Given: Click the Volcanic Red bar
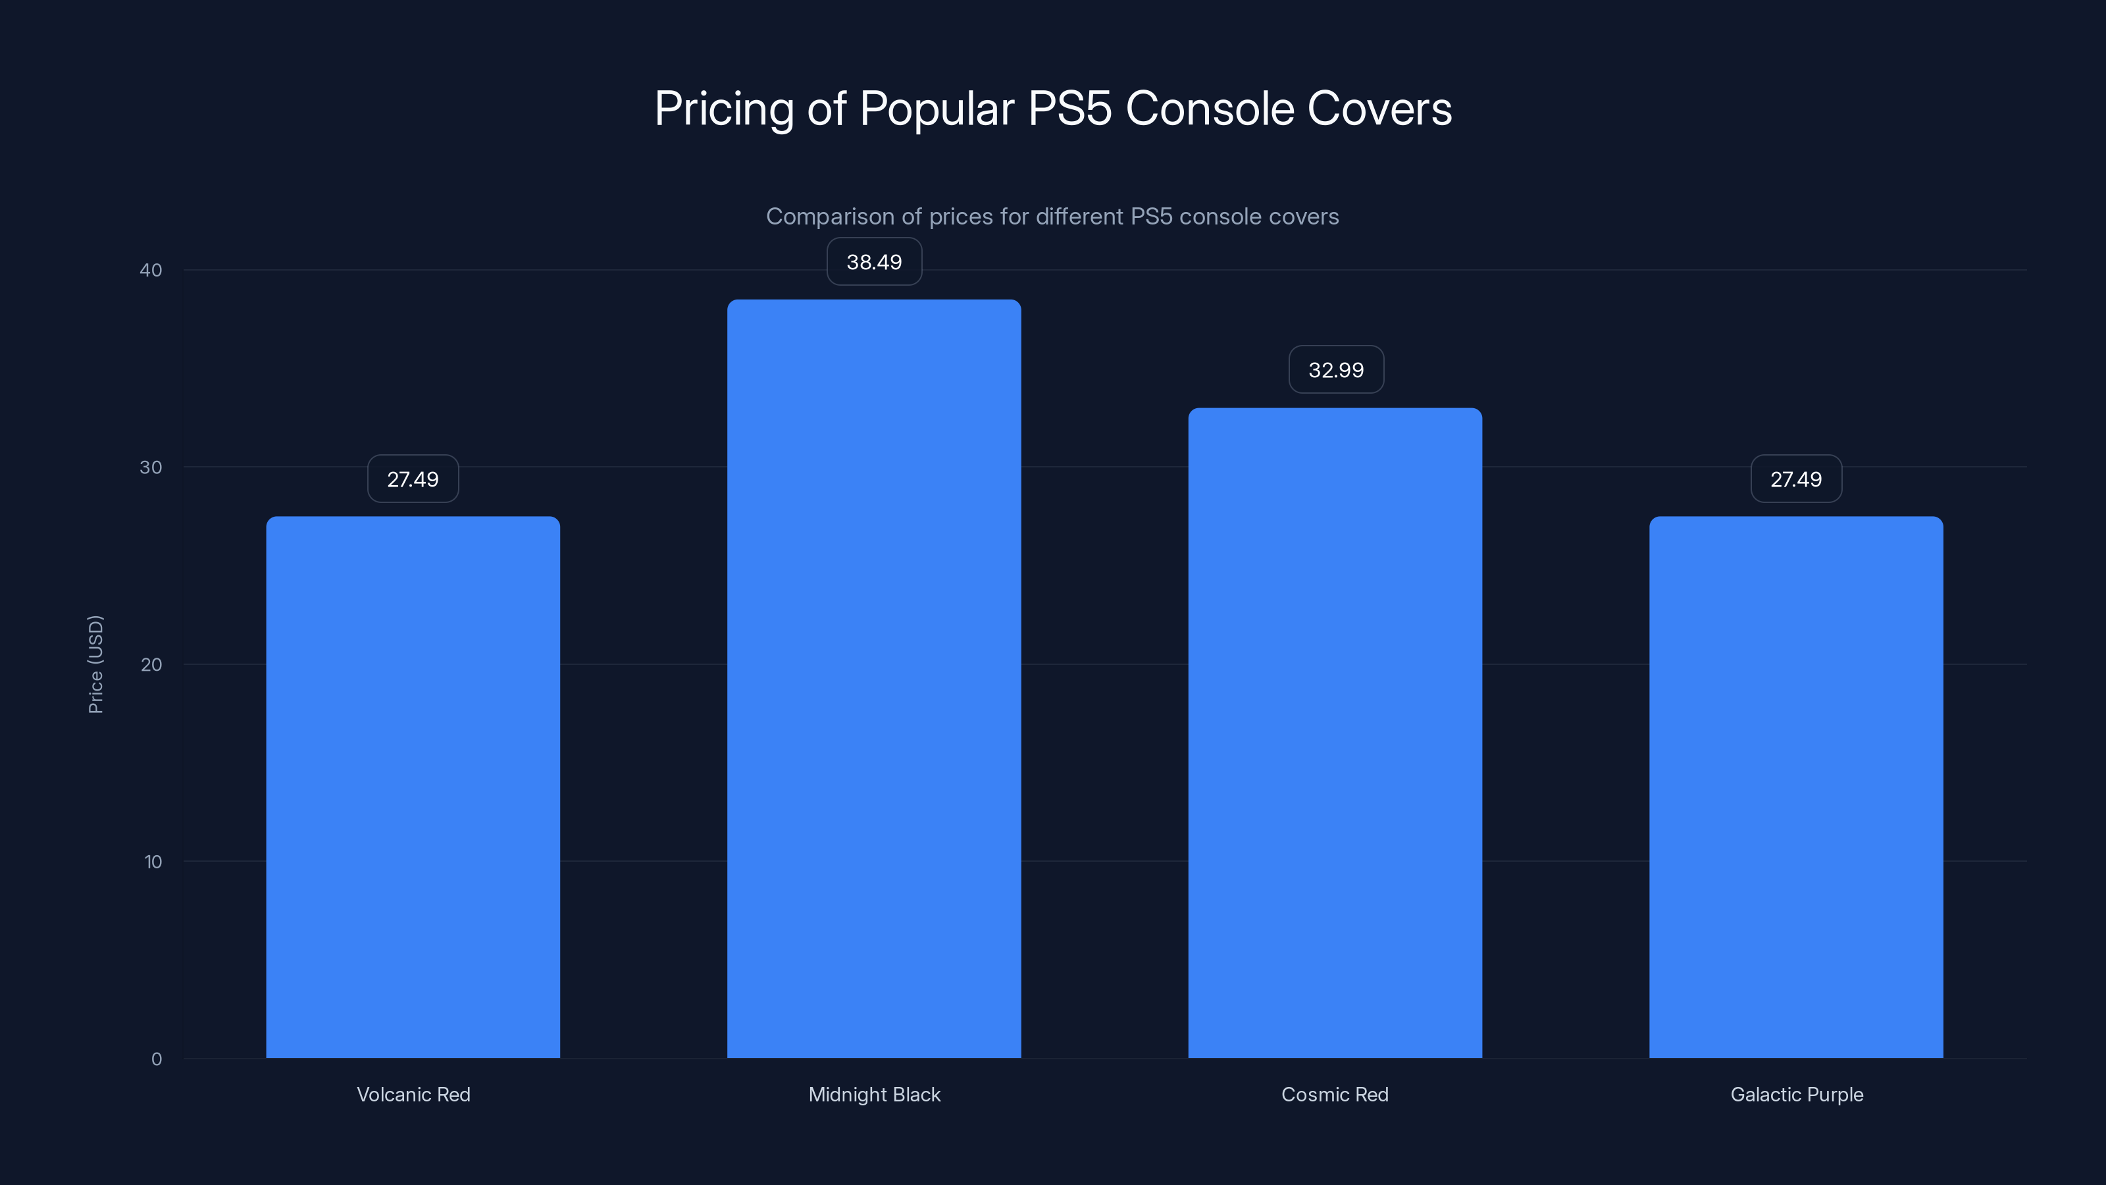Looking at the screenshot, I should [413, 787].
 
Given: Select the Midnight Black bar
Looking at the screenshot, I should [874, 679].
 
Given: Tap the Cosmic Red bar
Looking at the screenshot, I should [1335, 733].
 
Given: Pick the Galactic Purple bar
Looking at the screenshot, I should [1796, 787].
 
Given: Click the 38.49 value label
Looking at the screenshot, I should [874, 262].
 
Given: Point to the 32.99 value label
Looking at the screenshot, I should [1336, 369].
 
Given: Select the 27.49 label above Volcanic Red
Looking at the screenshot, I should [413, 479].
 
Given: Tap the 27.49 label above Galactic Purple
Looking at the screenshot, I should [1796, 479].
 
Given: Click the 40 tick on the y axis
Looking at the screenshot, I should [151, 270].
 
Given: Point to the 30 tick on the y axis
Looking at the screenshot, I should [151, 467].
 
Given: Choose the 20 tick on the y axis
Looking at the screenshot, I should [151, 664].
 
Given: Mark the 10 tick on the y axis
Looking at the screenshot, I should [153, 861].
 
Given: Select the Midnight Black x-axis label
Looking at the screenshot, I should [874, 1094].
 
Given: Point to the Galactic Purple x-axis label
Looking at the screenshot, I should [1797, 1094].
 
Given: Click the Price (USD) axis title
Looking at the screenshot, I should [95, 664].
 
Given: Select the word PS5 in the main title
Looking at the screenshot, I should [1069, 109].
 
